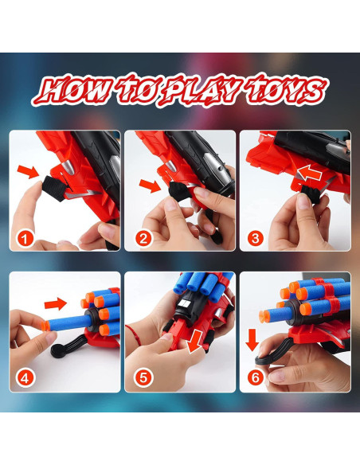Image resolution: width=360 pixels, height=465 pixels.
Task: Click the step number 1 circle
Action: pos(25,239)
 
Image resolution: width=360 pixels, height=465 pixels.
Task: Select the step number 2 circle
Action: pos(143,239)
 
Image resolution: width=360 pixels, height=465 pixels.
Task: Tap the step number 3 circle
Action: pos(256,238)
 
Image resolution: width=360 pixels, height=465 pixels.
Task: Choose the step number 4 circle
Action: pos(25,378)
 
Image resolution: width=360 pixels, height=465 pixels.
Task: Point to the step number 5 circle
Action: pos(143,378)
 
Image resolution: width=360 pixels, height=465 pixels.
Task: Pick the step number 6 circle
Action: pos(256,377)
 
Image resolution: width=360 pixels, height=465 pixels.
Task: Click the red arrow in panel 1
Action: pos(28,172)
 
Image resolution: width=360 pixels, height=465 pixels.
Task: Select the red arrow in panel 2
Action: pos(151,186)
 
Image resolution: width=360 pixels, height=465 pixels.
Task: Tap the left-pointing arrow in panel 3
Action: pos(310,174)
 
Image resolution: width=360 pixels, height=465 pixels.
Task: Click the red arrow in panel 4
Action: pos(56,304)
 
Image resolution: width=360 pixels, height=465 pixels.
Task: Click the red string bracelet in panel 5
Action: pos(134,334)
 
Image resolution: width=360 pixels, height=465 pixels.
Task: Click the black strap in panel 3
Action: pos(311,193)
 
